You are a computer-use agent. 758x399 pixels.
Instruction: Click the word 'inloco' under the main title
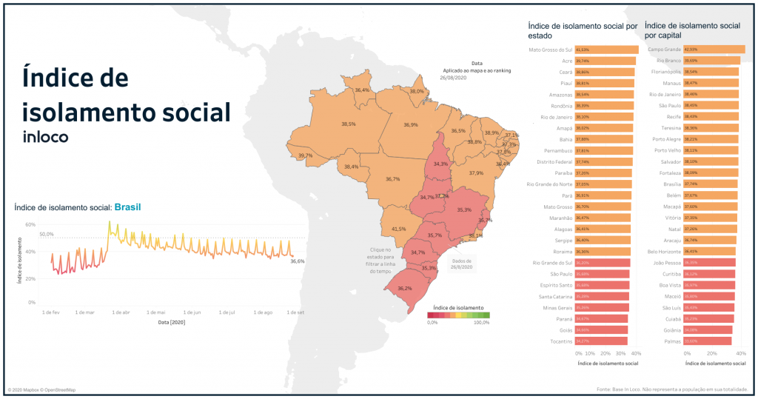46,137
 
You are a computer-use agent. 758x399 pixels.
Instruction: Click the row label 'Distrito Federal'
554,161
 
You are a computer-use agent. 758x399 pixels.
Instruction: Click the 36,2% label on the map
405,288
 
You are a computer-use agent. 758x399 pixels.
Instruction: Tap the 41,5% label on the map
398,229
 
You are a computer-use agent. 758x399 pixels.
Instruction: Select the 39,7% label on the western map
305,156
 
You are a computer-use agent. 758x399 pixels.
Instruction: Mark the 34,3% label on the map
440,164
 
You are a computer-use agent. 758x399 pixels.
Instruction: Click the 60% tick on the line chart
30,224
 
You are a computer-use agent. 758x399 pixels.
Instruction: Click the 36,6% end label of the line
297,261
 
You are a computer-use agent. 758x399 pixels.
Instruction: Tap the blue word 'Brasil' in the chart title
127,207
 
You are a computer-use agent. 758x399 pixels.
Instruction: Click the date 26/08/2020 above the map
452,77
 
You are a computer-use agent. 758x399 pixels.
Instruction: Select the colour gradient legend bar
458,315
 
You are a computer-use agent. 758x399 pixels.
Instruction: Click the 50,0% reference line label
46,234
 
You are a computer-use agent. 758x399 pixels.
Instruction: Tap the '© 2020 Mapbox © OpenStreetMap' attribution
41,389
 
